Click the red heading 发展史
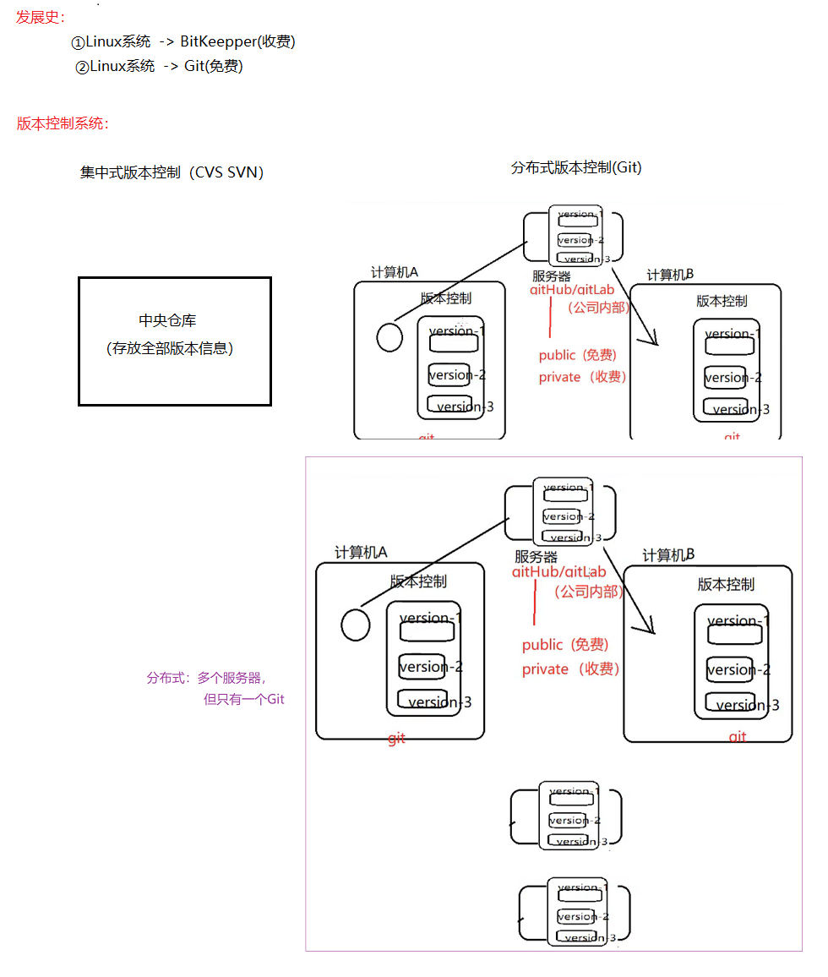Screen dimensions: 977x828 tap(40, 17)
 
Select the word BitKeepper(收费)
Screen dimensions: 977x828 tap(237, 41)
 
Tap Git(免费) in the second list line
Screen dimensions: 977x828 tap(214, 66)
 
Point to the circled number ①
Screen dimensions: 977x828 tap(78, 42)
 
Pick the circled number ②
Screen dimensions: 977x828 tap(82, 67)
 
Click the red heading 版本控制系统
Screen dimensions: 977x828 tap(62, 123)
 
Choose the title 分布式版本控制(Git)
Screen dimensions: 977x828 tap(576, 167)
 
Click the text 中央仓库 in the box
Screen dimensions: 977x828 tap(167, 320)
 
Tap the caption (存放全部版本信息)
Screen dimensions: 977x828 tap(170, 347)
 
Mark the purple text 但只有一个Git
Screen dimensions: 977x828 tap(243, 699)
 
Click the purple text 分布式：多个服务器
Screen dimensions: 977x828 tap(206, 678)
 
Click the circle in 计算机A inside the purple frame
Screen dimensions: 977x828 tap(356, 625)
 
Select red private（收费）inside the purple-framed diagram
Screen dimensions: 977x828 tap(571, 669)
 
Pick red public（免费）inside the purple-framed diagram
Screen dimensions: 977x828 tap(565, 645)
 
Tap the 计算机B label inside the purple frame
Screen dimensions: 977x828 tap(668, 555)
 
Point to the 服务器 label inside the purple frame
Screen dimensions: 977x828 tap(536, 557)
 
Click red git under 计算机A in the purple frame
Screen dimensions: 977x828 tap(396, 739)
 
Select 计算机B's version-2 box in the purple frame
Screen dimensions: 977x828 tap(728, 669)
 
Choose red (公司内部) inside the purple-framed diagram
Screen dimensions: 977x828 tap(588, 592)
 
